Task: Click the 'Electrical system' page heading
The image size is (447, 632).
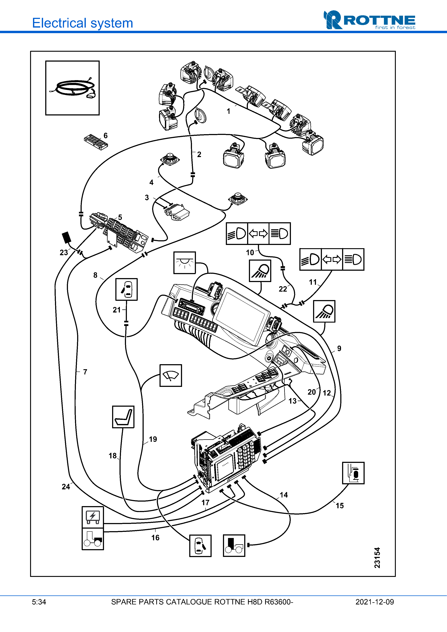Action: point(82,23)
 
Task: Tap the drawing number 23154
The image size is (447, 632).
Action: point(377,557)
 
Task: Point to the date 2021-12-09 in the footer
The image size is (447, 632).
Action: point(374,602)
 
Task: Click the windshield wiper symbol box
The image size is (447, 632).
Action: point(171,376)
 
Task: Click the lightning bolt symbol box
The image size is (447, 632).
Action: point(93,517)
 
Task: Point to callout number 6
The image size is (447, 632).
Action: point(105,135)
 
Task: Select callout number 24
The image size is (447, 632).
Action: point(66,487)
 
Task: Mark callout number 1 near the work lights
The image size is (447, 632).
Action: point(228,111)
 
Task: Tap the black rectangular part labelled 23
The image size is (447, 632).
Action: point(66,237)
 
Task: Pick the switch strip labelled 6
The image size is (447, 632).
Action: point(96,142)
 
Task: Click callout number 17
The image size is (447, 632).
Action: point(205,503)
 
